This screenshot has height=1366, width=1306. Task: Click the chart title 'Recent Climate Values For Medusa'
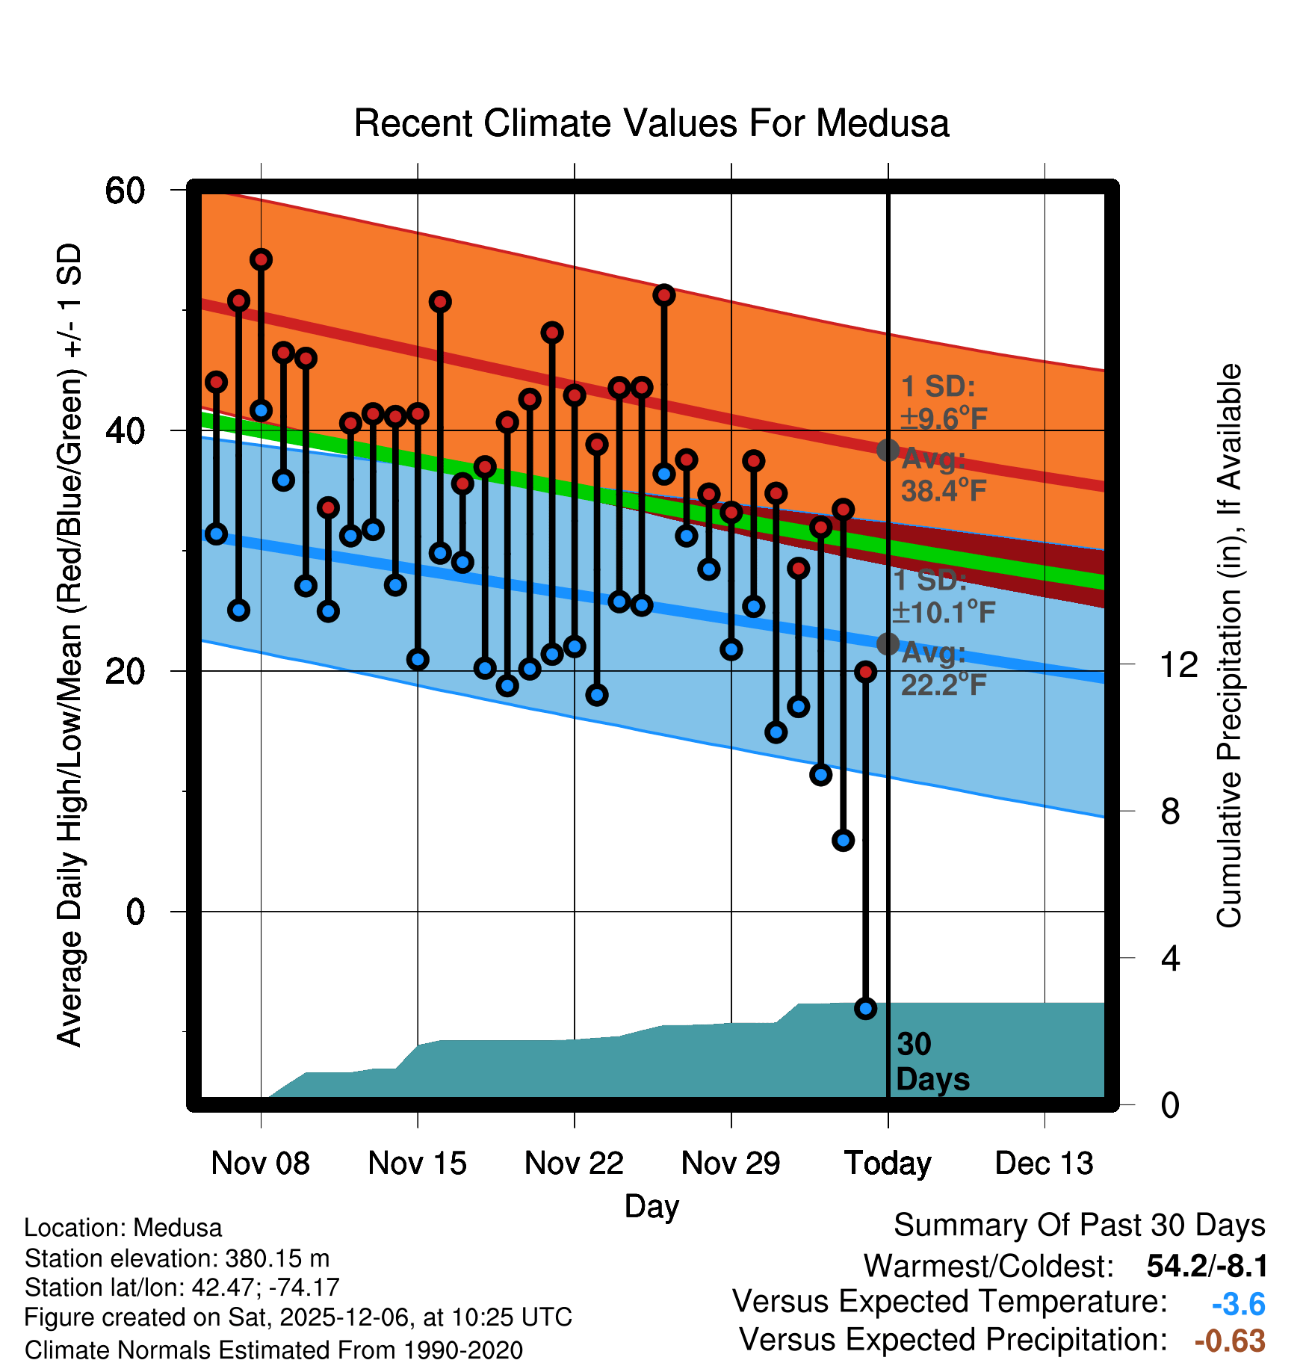[652, 123]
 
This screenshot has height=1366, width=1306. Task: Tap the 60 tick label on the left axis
[125, 191]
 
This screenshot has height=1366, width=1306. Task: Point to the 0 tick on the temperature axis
[135, 912]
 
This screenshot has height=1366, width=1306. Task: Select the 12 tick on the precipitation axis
[1179, 664]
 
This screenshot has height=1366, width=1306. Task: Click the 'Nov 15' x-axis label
[417, 1163]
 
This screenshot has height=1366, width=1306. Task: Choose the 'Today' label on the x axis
[888, 1163]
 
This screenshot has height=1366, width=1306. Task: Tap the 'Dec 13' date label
[1044, 1163]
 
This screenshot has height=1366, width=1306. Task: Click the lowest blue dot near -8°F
[865, 1009]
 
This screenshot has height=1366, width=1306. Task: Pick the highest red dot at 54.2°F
[261, 259]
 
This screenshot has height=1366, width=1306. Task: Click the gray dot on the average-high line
[888, 450]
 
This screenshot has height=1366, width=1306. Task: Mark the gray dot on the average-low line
[888, 643]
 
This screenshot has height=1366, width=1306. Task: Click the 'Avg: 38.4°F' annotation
[943, 475]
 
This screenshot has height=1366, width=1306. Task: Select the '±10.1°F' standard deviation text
[944, 612]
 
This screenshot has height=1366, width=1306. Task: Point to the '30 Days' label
[932, 1062]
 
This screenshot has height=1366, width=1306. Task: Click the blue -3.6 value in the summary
[1238, 1304]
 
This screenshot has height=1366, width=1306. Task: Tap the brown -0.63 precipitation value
[1230, 1341]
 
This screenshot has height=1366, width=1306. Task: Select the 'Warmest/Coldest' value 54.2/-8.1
[1207, 1266]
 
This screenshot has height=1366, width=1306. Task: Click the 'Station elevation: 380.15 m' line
[177, 1258]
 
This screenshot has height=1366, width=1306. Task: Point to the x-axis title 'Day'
[652, 1207]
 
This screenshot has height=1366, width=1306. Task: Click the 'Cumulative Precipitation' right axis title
[1229, 646]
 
